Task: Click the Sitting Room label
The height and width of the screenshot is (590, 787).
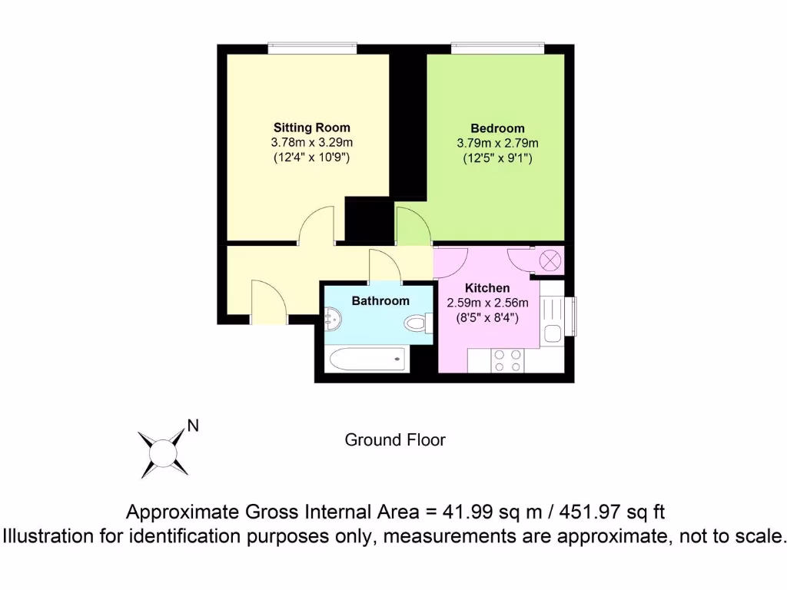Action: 311,128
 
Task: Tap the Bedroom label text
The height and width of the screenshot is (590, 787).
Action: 497,128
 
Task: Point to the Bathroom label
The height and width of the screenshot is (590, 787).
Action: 380,301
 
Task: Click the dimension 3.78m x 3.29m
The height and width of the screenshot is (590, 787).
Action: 311,143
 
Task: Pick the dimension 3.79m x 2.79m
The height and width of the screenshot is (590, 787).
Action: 497,143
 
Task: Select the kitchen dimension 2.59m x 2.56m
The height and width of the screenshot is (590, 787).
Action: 488,303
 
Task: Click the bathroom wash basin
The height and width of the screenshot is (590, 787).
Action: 332,317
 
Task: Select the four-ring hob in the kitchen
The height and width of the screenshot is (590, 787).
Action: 507,360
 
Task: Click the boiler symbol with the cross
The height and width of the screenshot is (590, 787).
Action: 551,260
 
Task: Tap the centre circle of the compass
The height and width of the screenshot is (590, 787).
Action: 162,452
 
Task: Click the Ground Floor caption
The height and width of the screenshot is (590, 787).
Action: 394,440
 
